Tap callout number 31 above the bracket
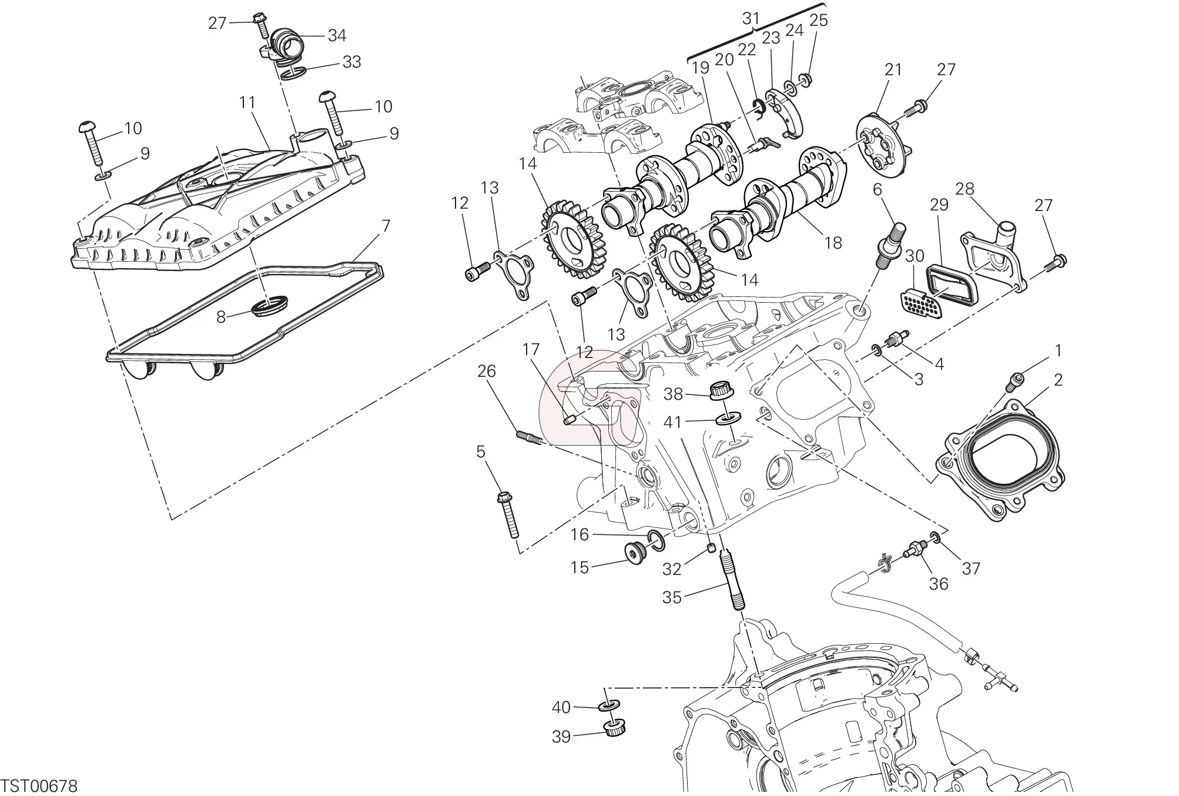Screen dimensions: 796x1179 click(x=751, y=19)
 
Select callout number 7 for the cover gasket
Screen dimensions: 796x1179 click(x=386, y=226)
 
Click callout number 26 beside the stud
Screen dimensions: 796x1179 click(x=487, y=372)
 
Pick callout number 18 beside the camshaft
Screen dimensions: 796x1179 click(x=833, y=243)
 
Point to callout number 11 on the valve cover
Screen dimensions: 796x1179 click(x=247, y=102)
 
